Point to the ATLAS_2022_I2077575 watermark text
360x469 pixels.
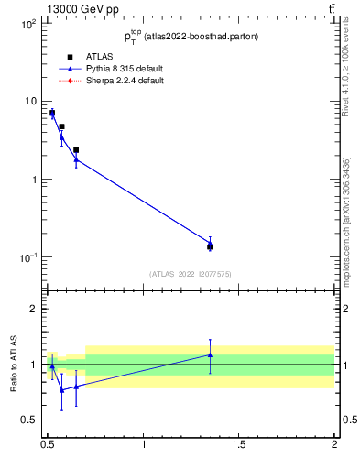tap(191, 274)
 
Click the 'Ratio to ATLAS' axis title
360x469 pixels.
tap(15, 365)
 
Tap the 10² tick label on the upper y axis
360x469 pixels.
tap(28, 24)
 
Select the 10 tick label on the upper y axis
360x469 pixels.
tap(30, 102)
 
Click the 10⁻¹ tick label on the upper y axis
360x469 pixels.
tap(27, 257)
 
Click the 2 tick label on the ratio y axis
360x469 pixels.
tap(34, 309)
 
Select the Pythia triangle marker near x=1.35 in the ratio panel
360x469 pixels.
tap(210, 355)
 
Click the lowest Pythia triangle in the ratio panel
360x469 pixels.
tap(61, 389)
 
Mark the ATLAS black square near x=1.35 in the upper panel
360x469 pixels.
tap(210, 246)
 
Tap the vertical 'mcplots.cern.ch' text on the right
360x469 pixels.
tap(346, 243)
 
